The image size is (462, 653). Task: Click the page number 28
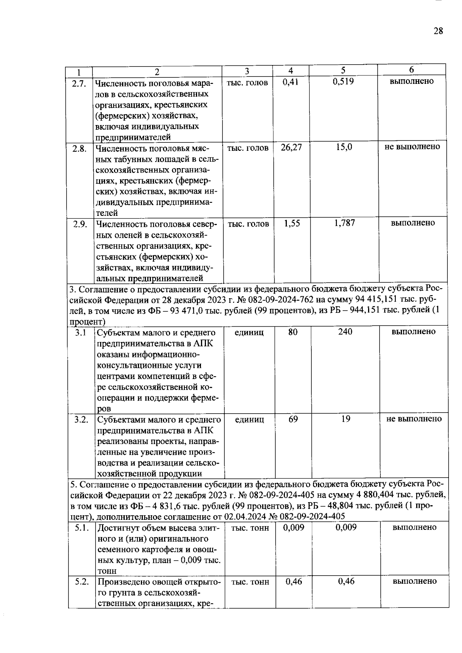(x=438, y=31)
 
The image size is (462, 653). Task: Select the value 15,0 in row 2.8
(x=344, y=147)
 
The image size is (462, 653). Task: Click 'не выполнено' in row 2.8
(x=412, y=147)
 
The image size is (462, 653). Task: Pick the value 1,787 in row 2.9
(x=345, y=223)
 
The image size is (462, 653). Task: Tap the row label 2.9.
(x=80, y=224)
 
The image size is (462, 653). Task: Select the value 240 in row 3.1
(x=345, y=332)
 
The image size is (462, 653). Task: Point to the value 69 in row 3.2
(x=293, y=419)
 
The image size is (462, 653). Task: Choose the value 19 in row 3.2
(x=345, y=419)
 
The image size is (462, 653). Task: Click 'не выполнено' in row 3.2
(x=414, y=419)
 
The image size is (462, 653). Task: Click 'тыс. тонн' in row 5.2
(x=250, y=582)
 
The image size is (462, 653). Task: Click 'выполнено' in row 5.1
(x=414, y=528)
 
